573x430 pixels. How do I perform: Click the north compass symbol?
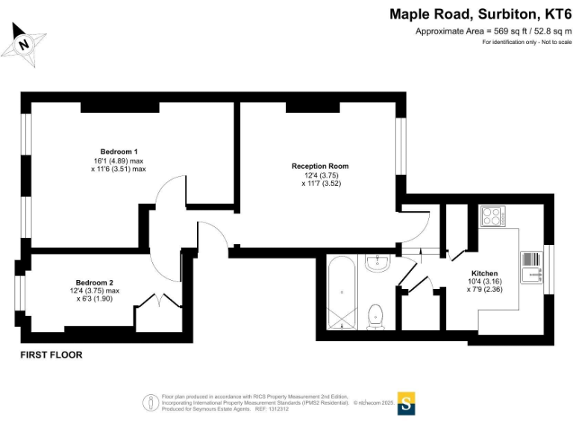click(24, 44)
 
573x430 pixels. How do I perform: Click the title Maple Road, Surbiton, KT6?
click(480, 14)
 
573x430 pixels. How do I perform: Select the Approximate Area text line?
click(493, 31)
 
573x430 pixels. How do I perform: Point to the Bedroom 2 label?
click(92, 282)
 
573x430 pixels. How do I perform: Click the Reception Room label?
click(320, 166)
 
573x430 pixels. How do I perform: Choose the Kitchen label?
click(484, 273)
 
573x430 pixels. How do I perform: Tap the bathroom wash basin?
click(379, 262)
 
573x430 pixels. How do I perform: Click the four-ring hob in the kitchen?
click(492, 216)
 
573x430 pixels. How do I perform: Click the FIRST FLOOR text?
click(51, 355)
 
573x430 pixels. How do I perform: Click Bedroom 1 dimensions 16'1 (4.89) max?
click(118, 161)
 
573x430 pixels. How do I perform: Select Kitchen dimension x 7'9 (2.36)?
click(484, 290)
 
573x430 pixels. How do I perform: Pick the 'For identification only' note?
click(527, 42)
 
